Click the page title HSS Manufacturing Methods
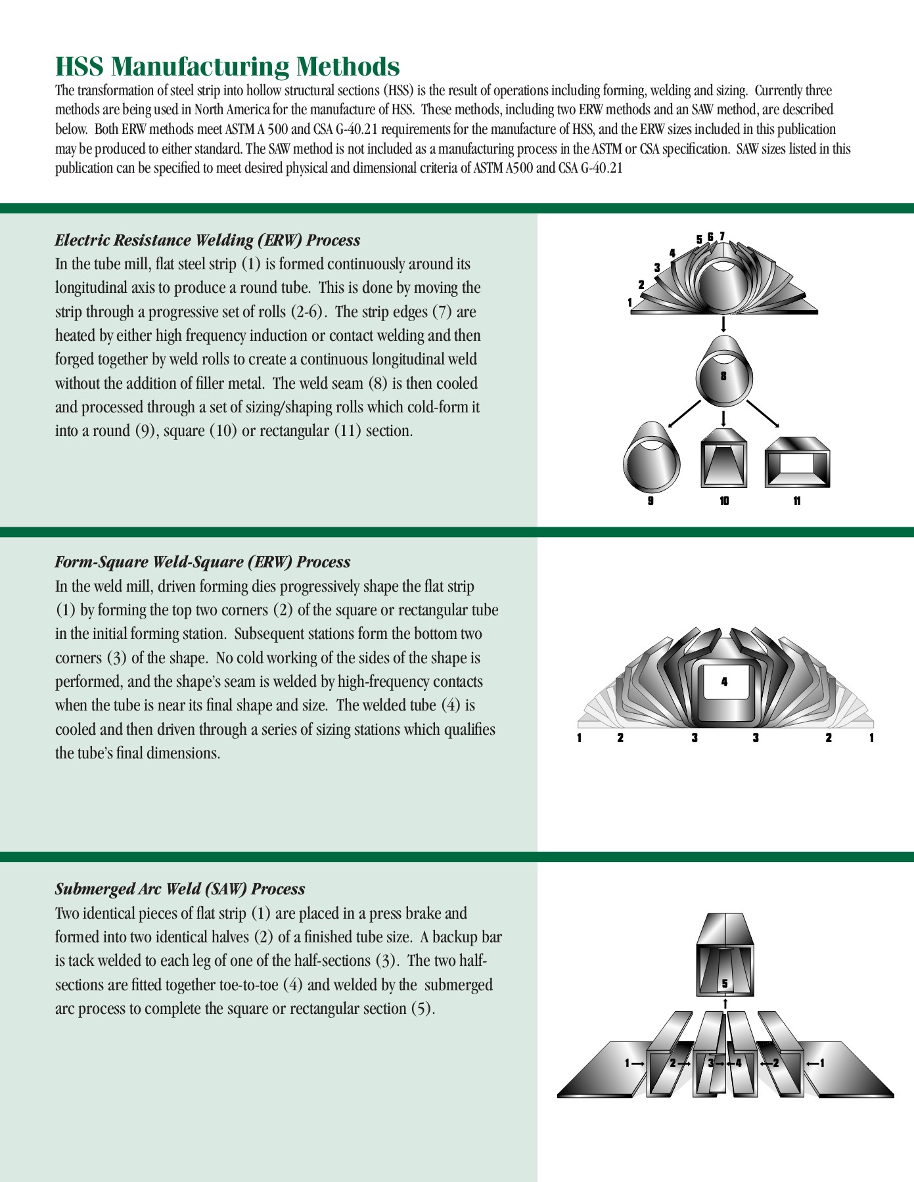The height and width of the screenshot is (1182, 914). pyautogui.click(x=227, y=67)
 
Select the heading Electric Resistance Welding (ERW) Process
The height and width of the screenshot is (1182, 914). pyautogui.click(x=208, y=240)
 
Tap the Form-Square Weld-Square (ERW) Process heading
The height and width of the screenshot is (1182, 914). pyautogui.click(x=202, y=562)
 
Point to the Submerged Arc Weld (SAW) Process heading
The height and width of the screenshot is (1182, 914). pyautogui.click(x=180, y=889)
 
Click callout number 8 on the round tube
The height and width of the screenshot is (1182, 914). pyautogui.click(x=723, y=376)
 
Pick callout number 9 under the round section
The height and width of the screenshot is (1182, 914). pyautogui.click(x=651, y=501)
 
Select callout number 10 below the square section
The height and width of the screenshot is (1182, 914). pyautogui.click(x=724, y=501)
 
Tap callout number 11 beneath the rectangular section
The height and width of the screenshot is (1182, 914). pyautogui.click(x=797, y=501)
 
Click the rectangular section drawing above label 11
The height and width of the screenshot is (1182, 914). pyautogui.click(x=798, y=463)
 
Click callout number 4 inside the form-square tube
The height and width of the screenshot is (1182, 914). pyautogui.click(x=725, y=682)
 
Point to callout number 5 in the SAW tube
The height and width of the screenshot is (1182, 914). pyautogui.click(x=725, y=984)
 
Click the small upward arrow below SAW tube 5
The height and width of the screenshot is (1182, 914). pyautogui.click(x=725, y=1003)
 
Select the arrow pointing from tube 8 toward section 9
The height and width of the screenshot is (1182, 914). pyautogui.click(x=684, y=414)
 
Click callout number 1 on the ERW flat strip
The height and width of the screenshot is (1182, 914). pyautogui.click(x=629, y=303)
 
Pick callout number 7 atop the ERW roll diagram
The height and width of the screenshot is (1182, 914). pyautogui.click(x=722, y=236)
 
